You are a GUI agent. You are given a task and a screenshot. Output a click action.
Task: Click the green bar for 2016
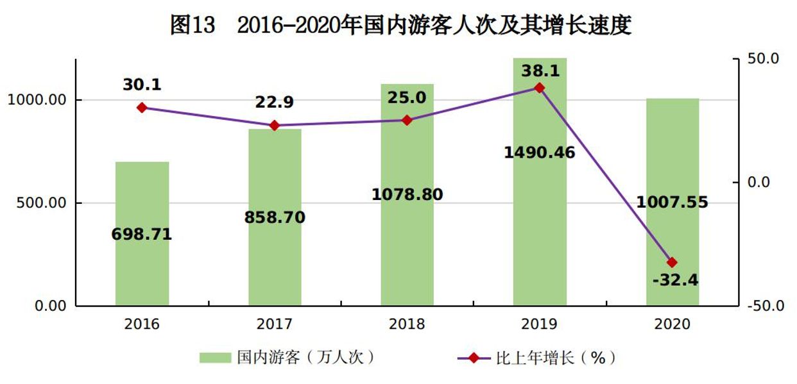click(x=142, y=269)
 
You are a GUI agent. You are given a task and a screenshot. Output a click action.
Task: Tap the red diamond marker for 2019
click(x=540, y=88)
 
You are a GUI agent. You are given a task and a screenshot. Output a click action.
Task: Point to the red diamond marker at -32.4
click(x=672, y=262)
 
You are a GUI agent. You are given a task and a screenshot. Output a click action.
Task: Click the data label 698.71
click(x=142, y=235)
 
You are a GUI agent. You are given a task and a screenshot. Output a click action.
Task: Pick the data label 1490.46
click(x=540, y=153)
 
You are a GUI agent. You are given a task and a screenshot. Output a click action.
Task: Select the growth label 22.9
click(x=274, y=102)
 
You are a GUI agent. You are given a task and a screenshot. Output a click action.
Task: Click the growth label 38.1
click(x=540, y=71)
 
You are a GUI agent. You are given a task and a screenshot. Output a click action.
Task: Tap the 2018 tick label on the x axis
click(x=407, y=324)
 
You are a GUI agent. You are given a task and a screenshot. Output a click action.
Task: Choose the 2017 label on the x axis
click(x=274, y=324)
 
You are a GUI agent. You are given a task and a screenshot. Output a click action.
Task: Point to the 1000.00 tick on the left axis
click(x=39, y=100)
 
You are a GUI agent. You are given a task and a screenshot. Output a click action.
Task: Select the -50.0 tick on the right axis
click(x=765, y=306)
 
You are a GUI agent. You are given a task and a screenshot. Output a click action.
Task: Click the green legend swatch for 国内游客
click(x=214, y=358)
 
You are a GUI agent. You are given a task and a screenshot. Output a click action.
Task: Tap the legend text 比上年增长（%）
click(x=555, y=358)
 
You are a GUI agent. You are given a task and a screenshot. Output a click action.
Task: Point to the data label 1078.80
click(x=407, y=194)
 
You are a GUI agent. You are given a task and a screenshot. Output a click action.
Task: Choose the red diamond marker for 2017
click(x=274, y=126)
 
